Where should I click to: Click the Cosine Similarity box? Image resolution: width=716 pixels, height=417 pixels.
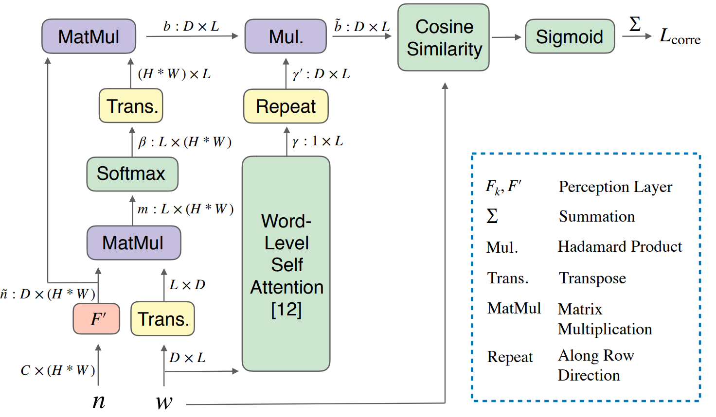(444, 37)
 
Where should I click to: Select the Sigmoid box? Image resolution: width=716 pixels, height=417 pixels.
(570, 36)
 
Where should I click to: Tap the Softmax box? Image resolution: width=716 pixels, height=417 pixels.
(132, 174)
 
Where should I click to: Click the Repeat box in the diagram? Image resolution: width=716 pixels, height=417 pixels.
(286, 106)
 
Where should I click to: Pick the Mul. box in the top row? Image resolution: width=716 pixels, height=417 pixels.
(286, 36)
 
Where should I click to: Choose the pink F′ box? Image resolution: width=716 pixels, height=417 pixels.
(97, 319)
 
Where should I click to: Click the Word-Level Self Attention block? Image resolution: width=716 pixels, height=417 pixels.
(286, 264)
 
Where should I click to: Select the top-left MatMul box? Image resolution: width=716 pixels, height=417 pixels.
(89, 36)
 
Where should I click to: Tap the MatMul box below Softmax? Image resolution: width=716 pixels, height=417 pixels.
(133, 243)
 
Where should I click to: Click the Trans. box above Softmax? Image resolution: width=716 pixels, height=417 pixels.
(131, 106)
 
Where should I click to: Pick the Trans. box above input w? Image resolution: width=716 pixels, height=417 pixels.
(162, 319)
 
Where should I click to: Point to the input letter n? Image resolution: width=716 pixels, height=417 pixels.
(99, 401)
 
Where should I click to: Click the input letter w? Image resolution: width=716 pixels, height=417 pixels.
(164, 402)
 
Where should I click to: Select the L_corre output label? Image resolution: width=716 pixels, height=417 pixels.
(680, 36)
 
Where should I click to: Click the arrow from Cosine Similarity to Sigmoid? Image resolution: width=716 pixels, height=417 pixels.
(506, 37)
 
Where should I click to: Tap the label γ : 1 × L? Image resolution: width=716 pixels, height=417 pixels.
(318, 141)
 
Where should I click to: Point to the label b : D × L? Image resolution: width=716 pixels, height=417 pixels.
(191, 26)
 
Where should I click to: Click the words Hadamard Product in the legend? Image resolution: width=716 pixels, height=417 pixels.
(620, 246)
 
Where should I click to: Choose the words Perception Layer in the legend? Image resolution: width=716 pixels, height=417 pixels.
(615, 187)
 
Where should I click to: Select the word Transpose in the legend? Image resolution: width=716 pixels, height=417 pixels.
(592, 278)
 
